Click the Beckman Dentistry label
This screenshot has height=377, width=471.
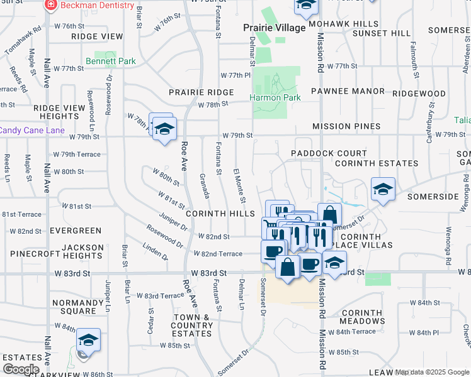[98, 5]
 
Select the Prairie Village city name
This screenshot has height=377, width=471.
[275, 28]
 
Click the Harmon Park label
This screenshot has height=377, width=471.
[275, 97]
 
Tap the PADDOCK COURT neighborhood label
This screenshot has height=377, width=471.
[329, 153]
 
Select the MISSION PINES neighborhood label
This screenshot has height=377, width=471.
[346, 126]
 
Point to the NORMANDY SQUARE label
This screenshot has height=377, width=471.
[74, 306]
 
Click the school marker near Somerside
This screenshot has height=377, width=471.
[382, 189]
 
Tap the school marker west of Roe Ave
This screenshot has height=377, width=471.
[165, 129]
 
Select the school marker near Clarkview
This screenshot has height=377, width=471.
[89, 341]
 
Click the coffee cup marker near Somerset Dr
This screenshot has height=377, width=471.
[273, 251]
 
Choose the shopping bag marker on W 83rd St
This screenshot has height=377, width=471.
[288, 266]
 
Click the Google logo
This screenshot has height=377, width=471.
[21, 369]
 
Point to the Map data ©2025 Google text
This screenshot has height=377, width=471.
[432, 372]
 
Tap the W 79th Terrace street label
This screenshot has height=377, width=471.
[77, 154]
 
